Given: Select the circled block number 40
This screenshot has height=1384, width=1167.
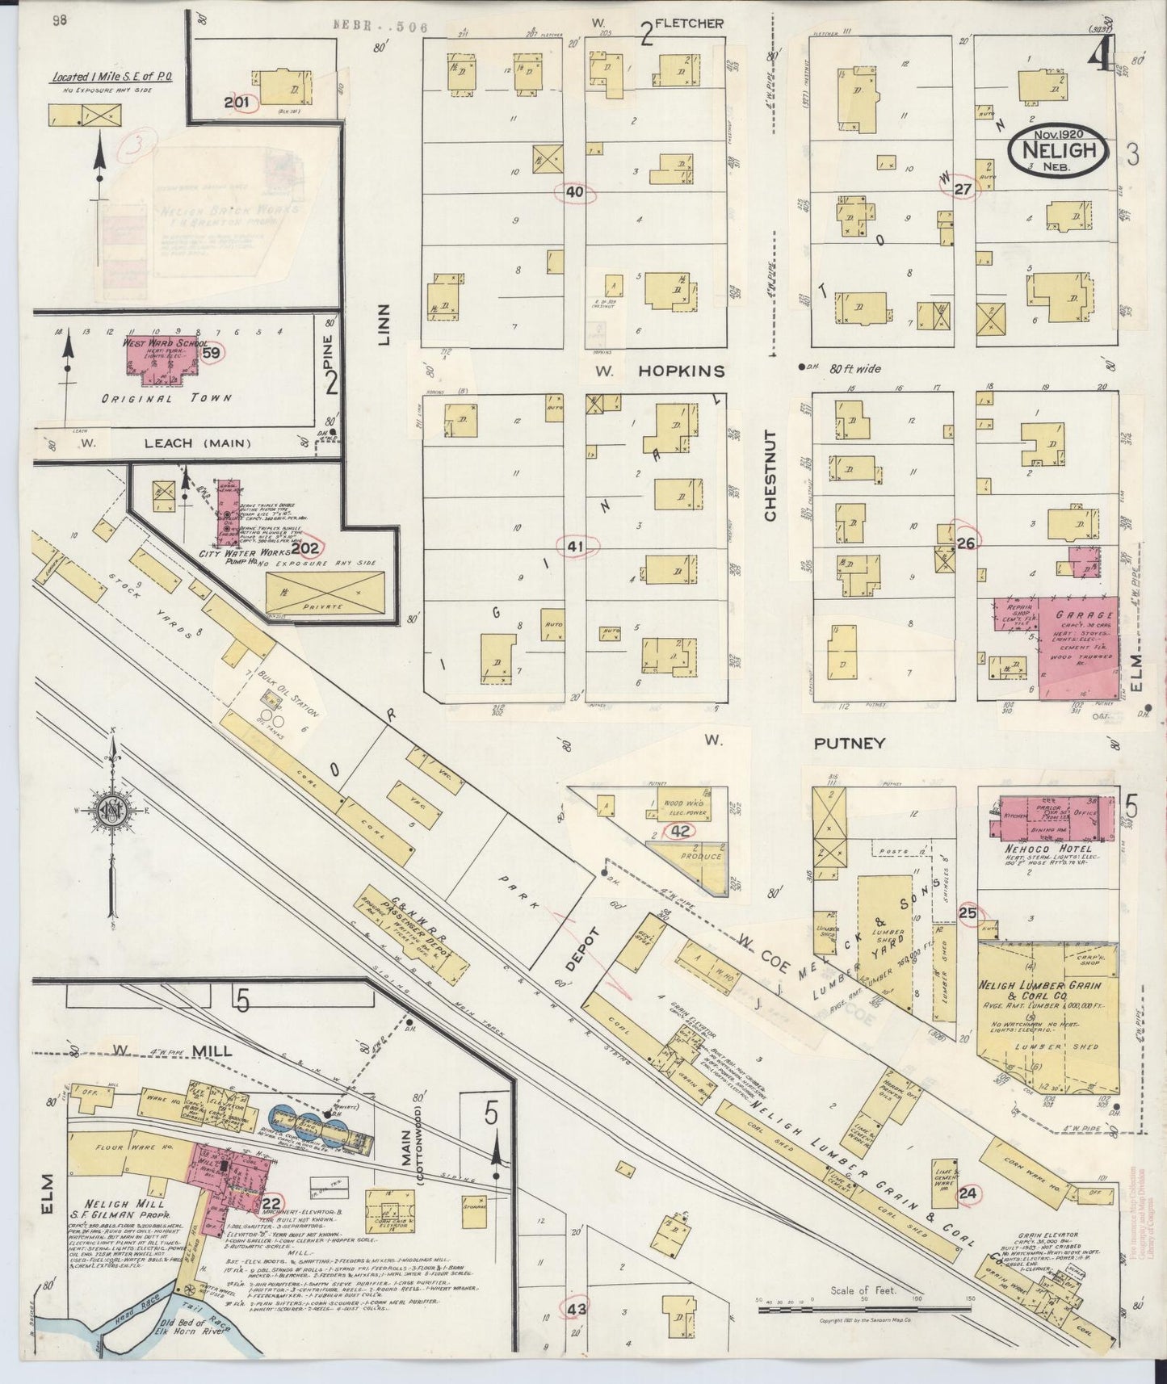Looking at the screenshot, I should [x=575, y=192].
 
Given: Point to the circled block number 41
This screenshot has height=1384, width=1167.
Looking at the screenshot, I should [x=575, y=547].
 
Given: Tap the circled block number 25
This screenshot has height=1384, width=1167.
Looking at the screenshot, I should [x=968, y=913].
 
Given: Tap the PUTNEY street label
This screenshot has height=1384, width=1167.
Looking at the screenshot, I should [x=850, y=742].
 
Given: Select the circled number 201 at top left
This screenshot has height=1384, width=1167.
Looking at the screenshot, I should [x=239, y=102].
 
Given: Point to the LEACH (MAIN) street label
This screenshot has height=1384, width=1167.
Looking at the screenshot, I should [x=198, y=442].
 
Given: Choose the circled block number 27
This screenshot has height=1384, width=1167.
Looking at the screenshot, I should [x=962, y=189].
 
